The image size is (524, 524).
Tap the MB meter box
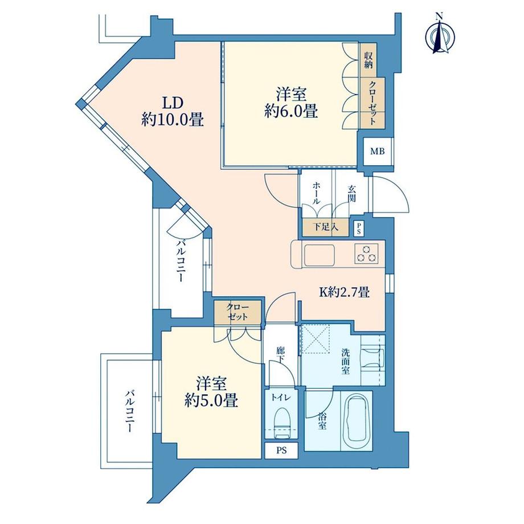(x=378, y=152)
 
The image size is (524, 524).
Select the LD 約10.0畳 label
(x=172, y=112)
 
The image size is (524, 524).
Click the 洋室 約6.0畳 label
(x=290, y=103)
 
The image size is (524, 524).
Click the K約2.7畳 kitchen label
(x=345, y=293)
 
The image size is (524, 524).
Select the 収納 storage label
(x=369, y=60)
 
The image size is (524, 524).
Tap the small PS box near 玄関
(x=358, y=228)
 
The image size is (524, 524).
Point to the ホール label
(x=316, y=194)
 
